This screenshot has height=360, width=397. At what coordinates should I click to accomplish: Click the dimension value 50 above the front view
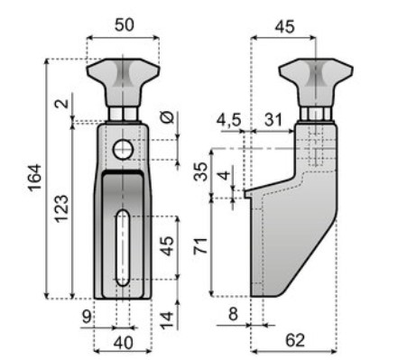[125, 25]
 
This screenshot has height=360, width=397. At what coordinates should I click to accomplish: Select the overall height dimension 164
[34, 178]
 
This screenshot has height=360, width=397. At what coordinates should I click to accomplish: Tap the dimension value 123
[61, 209]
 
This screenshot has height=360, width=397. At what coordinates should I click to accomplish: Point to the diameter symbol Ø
[167, 117]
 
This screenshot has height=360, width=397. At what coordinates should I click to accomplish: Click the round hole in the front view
[124, 150]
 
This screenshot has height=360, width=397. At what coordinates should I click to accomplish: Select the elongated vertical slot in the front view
[123, 248]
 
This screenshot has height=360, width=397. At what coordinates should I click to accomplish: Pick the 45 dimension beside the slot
[167, 246]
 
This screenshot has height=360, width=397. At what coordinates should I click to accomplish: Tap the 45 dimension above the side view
[284, 27]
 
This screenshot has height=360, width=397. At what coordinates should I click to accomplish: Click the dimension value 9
[87, 317]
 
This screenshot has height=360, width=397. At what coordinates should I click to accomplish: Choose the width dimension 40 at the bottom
[124, 343]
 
